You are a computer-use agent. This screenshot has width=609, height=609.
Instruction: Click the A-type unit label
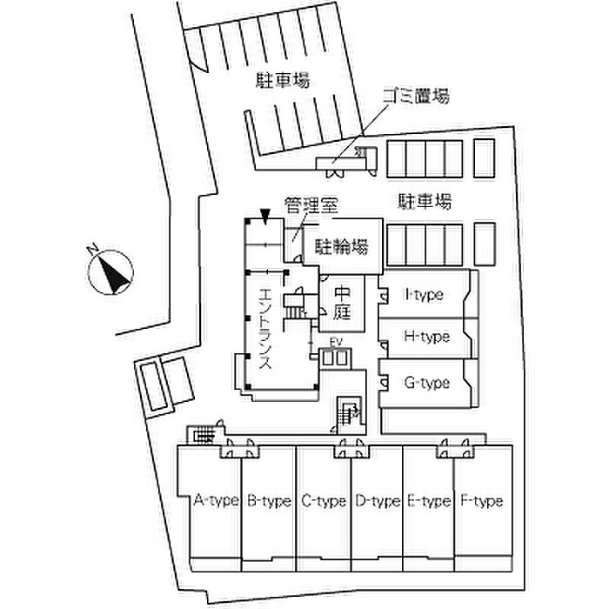215,501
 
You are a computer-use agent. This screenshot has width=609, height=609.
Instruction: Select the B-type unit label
268,501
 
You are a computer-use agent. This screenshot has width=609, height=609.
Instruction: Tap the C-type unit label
323,501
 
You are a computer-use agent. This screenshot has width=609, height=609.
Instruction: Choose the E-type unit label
428,501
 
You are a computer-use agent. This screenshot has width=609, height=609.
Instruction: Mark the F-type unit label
480,501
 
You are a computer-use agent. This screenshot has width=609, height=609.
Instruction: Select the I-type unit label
424,295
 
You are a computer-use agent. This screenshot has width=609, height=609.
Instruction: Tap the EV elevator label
335,342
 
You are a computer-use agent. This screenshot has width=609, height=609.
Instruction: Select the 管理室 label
311,206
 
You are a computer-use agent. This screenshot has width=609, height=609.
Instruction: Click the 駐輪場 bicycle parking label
340,246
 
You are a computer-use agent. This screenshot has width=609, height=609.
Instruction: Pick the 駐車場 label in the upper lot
283,81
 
